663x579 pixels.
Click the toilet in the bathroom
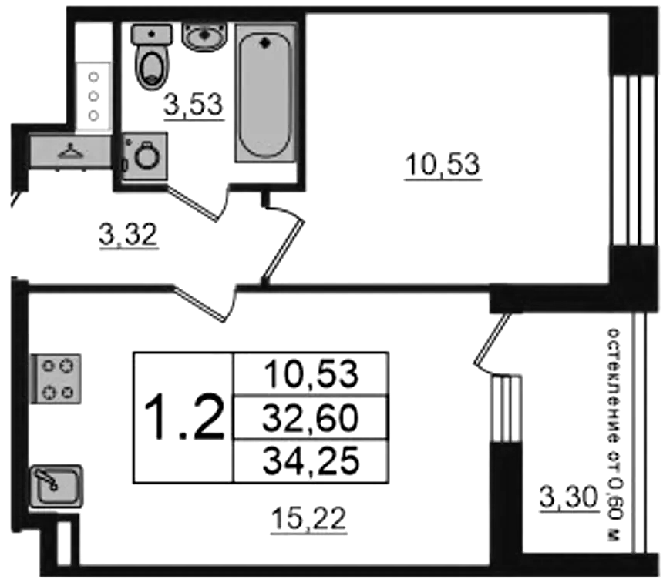click(152, 56)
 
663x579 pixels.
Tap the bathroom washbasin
click(204, 36)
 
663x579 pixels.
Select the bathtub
click(265, 93)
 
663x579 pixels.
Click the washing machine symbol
click(145, 156)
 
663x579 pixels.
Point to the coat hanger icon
click(71, 151)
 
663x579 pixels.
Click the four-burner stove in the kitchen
click(56, 379)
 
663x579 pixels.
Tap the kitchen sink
click(56, 486)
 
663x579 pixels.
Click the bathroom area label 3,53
click(194, 105)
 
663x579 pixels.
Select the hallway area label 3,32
click(129, 235)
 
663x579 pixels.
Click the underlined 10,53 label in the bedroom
click(443, 165)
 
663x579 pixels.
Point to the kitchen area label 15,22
click(308, 519)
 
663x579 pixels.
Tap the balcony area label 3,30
click(569, 497)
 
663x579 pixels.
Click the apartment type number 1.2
click(184, 417)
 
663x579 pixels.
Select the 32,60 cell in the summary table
click(311, 418)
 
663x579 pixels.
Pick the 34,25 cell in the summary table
click(311, 461)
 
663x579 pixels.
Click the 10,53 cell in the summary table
click(311, 375)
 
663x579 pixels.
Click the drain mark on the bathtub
click(265, 42)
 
